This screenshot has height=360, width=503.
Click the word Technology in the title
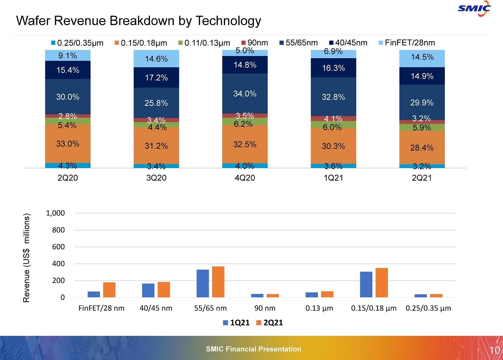[228, 21]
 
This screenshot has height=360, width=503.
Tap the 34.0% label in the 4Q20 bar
[245, 94]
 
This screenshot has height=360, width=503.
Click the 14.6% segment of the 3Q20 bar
[156, 59]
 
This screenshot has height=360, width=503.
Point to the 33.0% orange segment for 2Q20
[68, 144]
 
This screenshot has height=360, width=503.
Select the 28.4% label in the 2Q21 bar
[422, 148]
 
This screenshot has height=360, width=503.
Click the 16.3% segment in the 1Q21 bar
[333, 68]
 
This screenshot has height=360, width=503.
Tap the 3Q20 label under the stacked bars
[156, 178]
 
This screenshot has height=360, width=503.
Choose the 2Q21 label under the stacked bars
[422, 178]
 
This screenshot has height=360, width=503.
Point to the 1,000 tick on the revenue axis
[55, 213]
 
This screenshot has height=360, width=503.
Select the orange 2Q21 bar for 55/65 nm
[218, 282]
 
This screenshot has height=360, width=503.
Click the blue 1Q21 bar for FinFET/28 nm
[94, 294]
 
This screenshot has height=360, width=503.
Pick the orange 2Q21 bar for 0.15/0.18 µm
[382, 282]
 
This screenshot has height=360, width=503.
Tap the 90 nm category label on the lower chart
[265, 308]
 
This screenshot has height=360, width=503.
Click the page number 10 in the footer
[495, 350]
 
